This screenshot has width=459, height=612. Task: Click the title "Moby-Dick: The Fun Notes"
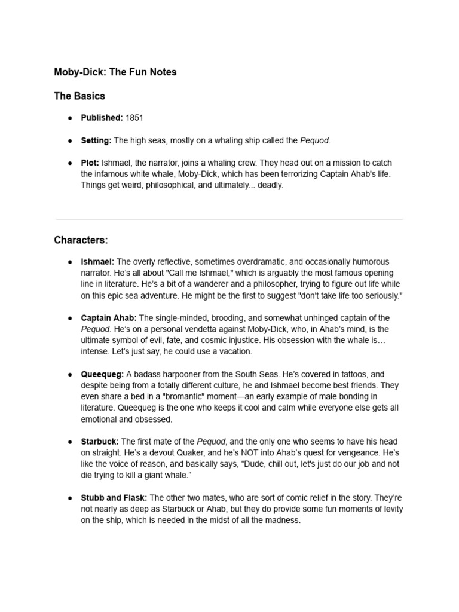[x=115, y=72]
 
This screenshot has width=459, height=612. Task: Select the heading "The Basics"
[x=79, y=96]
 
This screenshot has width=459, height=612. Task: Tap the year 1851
[x=134, y=118]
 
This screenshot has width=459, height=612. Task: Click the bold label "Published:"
[x=102, y=118]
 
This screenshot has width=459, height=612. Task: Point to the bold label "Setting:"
[x=96, y=140]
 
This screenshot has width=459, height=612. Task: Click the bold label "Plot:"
[x=90, y=163]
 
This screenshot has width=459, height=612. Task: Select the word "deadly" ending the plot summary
[x=270, y=185]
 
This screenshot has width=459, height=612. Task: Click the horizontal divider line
[x=229, y=219]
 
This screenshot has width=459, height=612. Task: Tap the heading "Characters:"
[x=81, y=240]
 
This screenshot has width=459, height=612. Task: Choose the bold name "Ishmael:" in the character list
[x=98, y=262]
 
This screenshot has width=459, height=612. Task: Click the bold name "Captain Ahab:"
[x=109, y=317]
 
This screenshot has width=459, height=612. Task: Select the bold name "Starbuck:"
[x=100, y=441]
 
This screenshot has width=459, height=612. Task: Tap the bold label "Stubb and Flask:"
[x=115, y=497]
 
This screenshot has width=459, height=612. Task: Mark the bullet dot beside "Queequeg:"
[x=70, y=374]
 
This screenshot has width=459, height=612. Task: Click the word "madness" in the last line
[x=284, y=520]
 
